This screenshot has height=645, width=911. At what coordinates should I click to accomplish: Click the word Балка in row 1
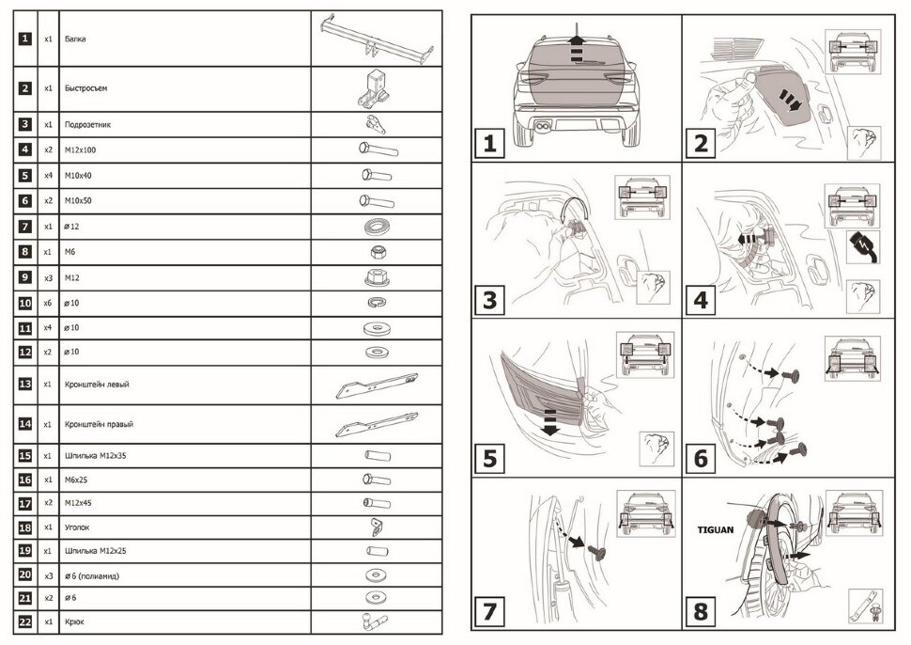coord(75,39)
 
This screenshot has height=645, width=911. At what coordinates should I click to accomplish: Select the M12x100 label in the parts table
coord(80,150)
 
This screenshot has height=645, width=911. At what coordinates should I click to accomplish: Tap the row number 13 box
coord(25,384)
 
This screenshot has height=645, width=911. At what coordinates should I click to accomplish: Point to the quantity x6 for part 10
coord(48,303)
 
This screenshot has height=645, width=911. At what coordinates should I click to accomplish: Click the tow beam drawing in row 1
coord(377,39)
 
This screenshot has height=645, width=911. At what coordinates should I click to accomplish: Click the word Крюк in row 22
coord(74,621)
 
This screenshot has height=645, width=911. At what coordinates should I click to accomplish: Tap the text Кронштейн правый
coord(99,425)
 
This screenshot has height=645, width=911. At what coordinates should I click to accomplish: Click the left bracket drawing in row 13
coord(377,385)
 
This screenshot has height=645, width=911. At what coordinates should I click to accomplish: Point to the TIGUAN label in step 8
coord(716,530)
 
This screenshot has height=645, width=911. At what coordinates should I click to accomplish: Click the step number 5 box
coord(489,458)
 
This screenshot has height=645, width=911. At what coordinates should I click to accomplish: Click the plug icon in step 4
coord(863,246)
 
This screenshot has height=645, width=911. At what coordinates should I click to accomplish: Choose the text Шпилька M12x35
coord(95,456)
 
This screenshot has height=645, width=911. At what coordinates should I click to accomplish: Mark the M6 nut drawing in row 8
coord(378,252)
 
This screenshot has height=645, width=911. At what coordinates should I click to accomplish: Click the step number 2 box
coord(701,143)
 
